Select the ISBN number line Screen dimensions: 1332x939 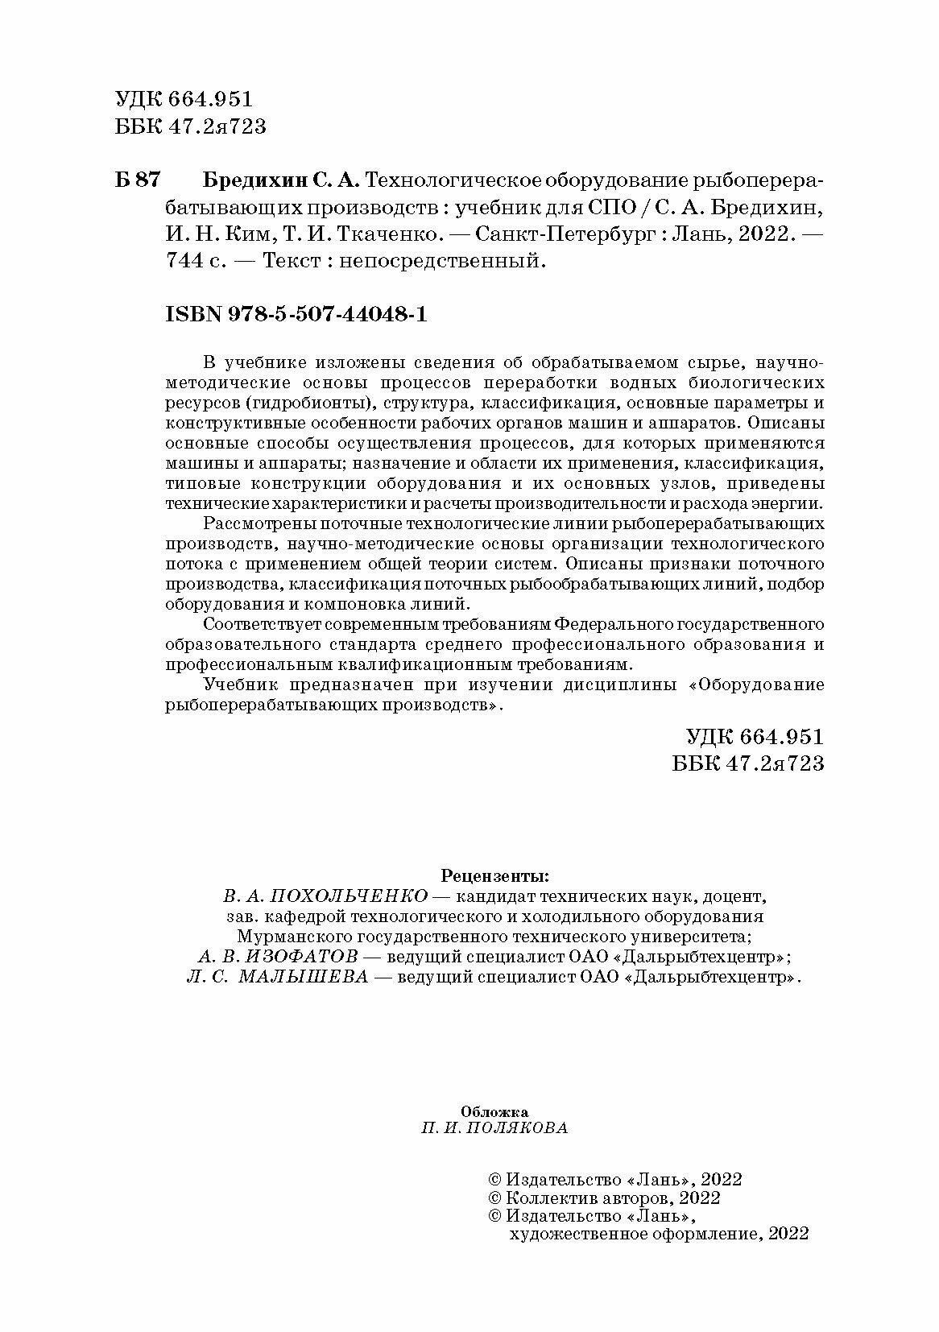click(x=296, y=315)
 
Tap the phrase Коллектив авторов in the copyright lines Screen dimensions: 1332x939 click(x=590, y=1197)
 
